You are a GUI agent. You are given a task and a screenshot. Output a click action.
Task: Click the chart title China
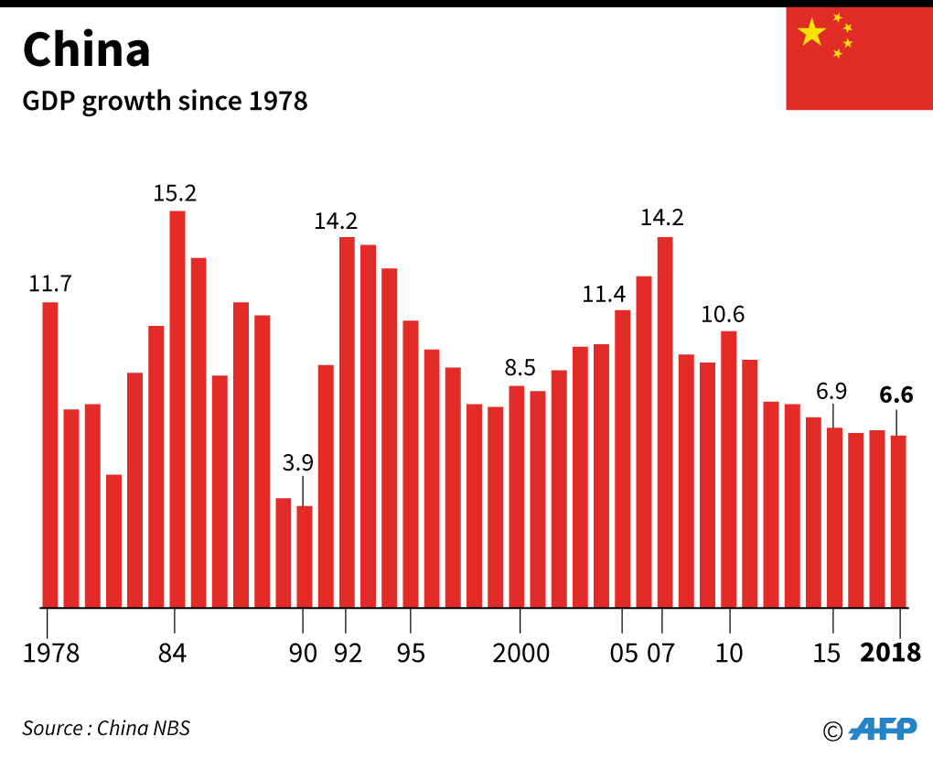(x=86, y=50)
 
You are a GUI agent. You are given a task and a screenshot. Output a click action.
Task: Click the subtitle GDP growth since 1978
(x=165, y=101)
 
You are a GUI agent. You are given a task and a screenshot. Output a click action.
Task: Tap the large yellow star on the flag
(x=811, y=33)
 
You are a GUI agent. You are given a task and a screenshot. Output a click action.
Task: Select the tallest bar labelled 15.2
(x=177, y=408)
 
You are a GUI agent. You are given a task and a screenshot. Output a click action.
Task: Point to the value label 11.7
(x=50, y=284)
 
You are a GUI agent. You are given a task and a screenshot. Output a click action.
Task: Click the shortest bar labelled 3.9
(x=305, y=556)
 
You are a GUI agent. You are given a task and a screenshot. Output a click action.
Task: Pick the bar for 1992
(x=347, y=421)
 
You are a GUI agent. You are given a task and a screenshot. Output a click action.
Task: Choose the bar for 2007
(x=665, y=421)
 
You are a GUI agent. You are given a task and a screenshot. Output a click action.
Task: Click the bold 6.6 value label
(x=896, y=395)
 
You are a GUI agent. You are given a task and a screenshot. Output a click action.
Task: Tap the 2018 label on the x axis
(x=891, y=654)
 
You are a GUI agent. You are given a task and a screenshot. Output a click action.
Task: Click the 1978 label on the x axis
(x=52, y=654)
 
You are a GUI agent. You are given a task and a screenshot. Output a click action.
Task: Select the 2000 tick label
(x=520, y=654)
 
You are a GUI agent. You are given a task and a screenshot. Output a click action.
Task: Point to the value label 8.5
(x=520, y=368)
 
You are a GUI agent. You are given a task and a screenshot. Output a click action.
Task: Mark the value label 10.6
(x=723, y=315)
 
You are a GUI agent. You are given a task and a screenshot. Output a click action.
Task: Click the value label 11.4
(x=605, y=294)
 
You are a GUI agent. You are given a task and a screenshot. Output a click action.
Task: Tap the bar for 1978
(x=50, y=454)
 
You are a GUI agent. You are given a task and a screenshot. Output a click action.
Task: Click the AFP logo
(x=882, y=728)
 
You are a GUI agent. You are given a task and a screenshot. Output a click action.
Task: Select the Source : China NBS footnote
(x=106, y=729)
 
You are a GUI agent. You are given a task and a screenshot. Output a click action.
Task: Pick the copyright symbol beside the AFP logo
(x=831, y=731)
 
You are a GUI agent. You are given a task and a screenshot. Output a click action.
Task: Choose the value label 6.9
(x=831, y=392)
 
